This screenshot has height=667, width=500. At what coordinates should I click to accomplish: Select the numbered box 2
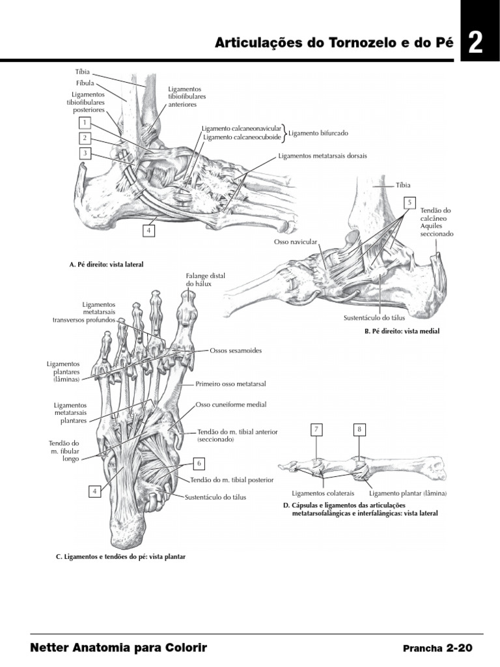(x=85, y=138)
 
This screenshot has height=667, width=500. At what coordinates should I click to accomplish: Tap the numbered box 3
(x=85, y=154)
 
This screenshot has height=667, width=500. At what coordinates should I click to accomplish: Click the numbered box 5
(x=409, y=203)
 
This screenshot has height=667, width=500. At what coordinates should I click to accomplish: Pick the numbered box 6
(x=199, y=463)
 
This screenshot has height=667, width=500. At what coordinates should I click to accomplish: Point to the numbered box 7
(x=316, y=430)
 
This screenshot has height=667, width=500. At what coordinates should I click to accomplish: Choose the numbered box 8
(x=359, y=430)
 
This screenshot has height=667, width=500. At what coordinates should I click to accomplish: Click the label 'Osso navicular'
(x=295, y=242)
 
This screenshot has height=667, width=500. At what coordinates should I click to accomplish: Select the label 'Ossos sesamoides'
(x=236, y=350)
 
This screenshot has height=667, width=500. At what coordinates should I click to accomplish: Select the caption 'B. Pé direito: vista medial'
(x=402, y=332)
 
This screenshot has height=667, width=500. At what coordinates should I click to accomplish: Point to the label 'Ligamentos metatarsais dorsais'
(x=322, y=156)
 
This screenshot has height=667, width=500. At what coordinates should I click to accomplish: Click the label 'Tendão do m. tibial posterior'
(x=232, y=479)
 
